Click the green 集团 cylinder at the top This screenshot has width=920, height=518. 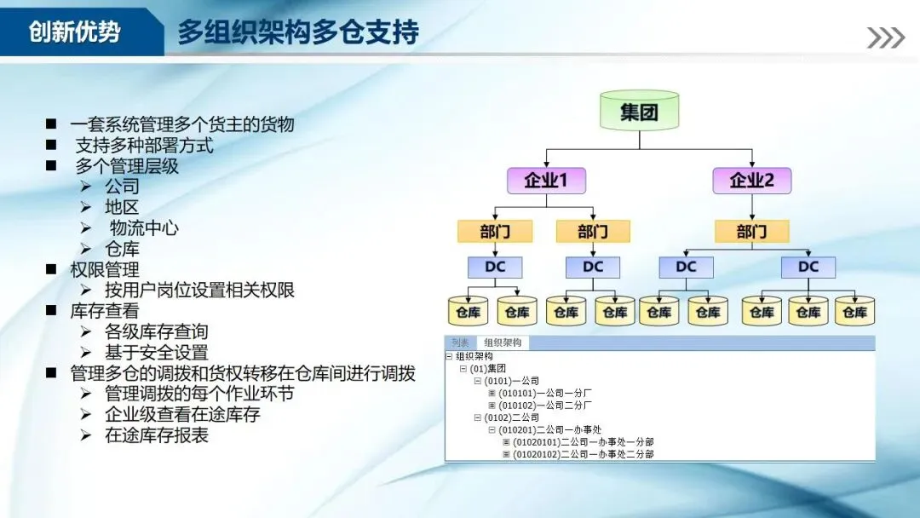(x=639, y=112)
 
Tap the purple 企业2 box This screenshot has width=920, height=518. (x=751, y=181)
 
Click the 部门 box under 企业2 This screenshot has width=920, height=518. (x=751, y=231)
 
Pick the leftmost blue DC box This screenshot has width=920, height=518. (x=495, y=267)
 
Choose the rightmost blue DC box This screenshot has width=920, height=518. (x=808, y=267)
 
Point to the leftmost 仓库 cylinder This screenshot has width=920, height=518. (x=468, y=312)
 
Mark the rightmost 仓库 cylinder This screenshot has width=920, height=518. (x=854, y=312)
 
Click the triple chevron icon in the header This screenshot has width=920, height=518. (x=885, y=37)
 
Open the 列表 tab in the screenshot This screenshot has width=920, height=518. (x=461, y=342)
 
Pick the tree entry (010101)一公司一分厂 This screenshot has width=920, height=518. (x=544, y=393)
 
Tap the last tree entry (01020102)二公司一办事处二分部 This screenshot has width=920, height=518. (x=583, y=454)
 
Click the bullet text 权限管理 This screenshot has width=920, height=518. (x=104, y=270)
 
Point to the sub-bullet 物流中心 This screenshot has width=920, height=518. (x=144, y=228)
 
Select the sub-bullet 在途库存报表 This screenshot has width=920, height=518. (x=156, y=435)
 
